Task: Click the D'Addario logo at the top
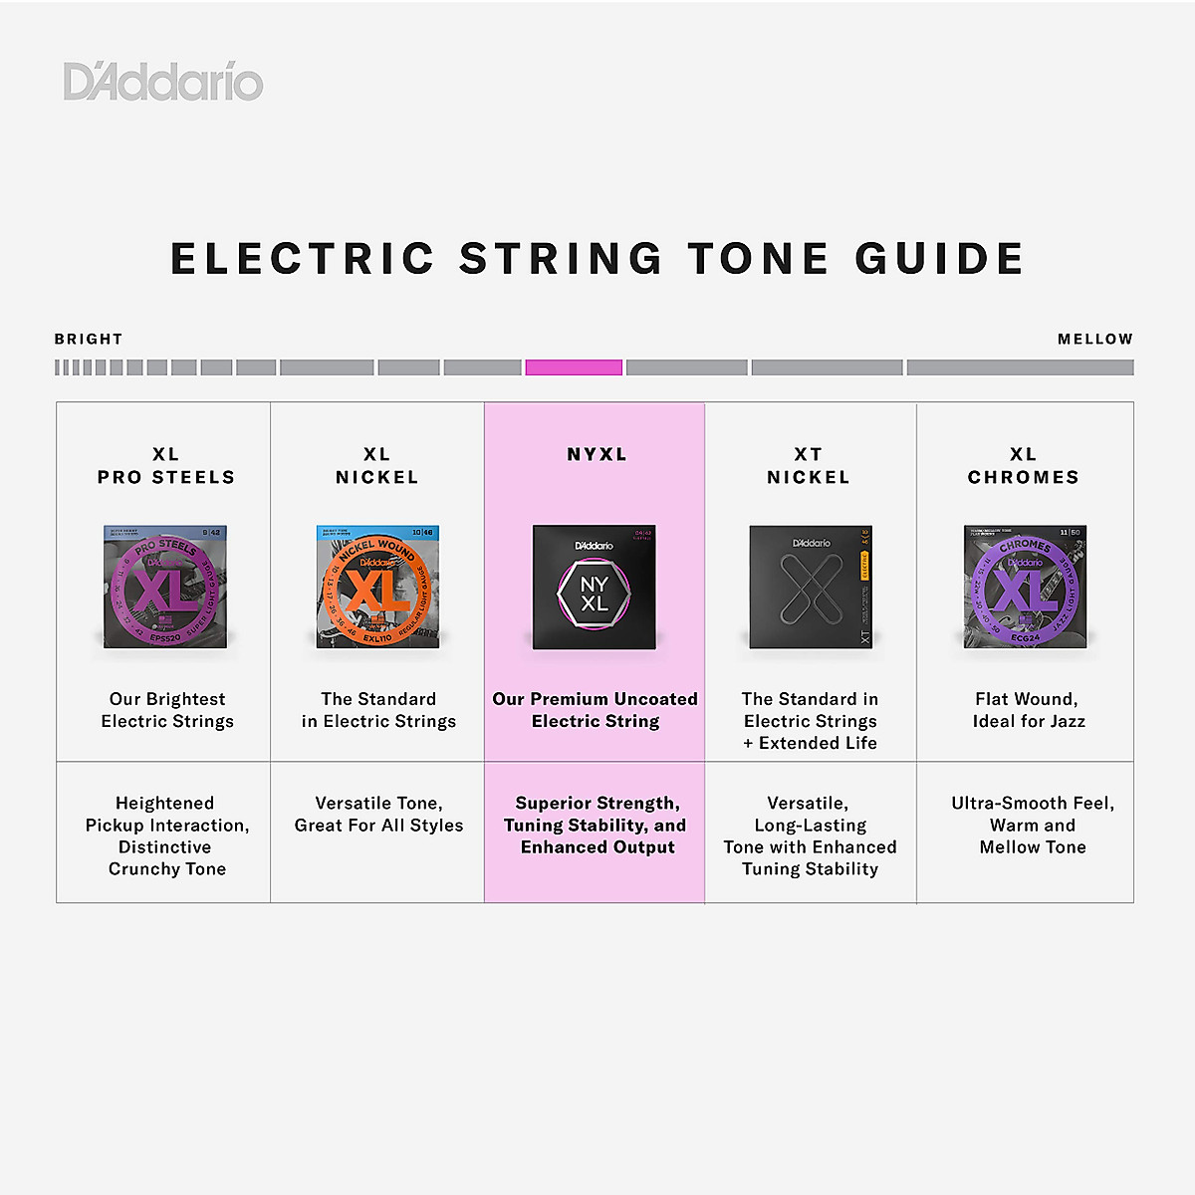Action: click(x=163, y=82)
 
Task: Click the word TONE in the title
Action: click(x=759, y=259)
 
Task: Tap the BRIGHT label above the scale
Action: click(x=89, y=340)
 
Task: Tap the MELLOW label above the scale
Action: click(x=1094, y=340)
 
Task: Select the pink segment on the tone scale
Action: click(x=574, y=367)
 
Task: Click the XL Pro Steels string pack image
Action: click(x=165, y=587)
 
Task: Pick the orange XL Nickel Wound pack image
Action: click(x=377, y=587)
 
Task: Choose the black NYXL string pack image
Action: click(x=595, y=588)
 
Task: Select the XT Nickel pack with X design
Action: click(x=811, y=587)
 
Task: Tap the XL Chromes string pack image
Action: click(x=1025, y=587)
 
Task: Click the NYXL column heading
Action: click(x=597, y=455)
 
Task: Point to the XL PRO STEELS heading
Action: click(x=166, y=466)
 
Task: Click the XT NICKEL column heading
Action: click(x=809, y=466)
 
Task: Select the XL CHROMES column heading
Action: click(x=1024, y=466)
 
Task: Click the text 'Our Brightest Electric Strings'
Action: click(x=167, y=710)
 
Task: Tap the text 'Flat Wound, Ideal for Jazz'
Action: click(x=1028, y=710)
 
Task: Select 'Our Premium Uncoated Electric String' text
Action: click(x=596, y=710)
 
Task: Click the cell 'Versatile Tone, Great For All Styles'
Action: click(x=378, y=815)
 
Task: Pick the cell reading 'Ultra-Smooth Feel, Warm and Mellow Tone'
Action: click(x=1033, y=826)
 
